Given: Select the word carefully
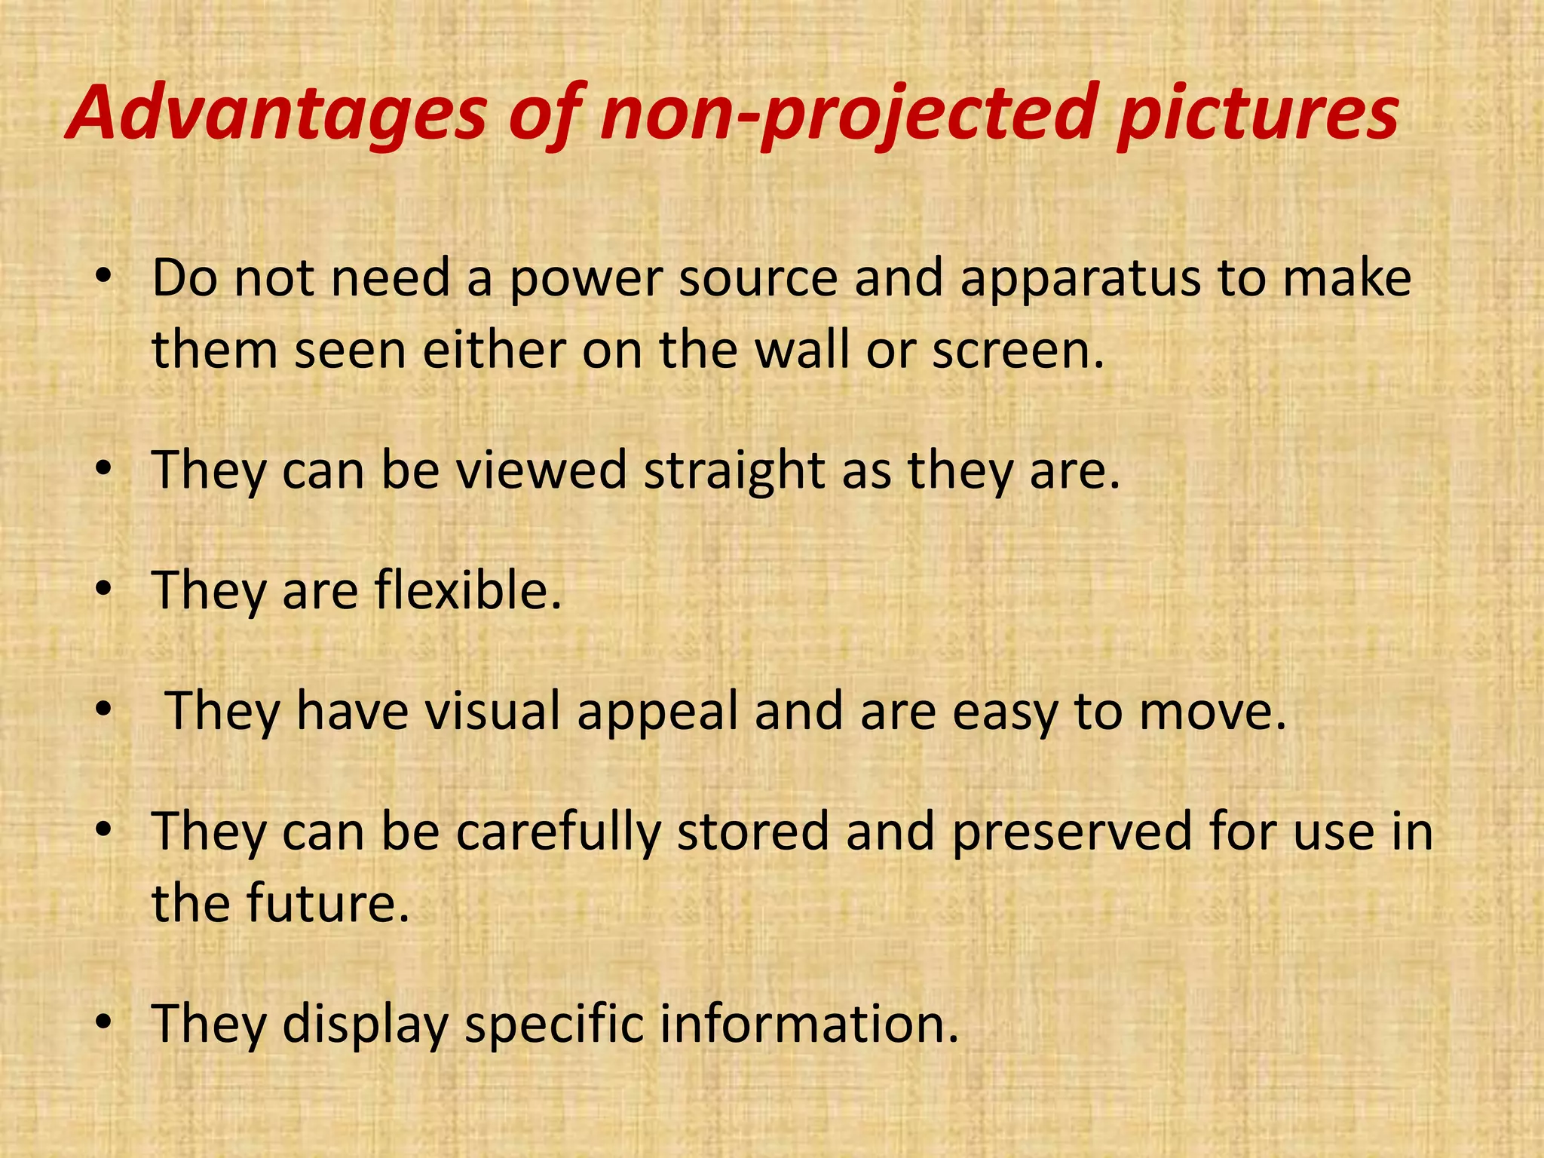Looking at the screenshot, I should coord(558,832).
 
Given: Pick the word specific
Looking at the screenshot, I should coord(554,1025).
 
